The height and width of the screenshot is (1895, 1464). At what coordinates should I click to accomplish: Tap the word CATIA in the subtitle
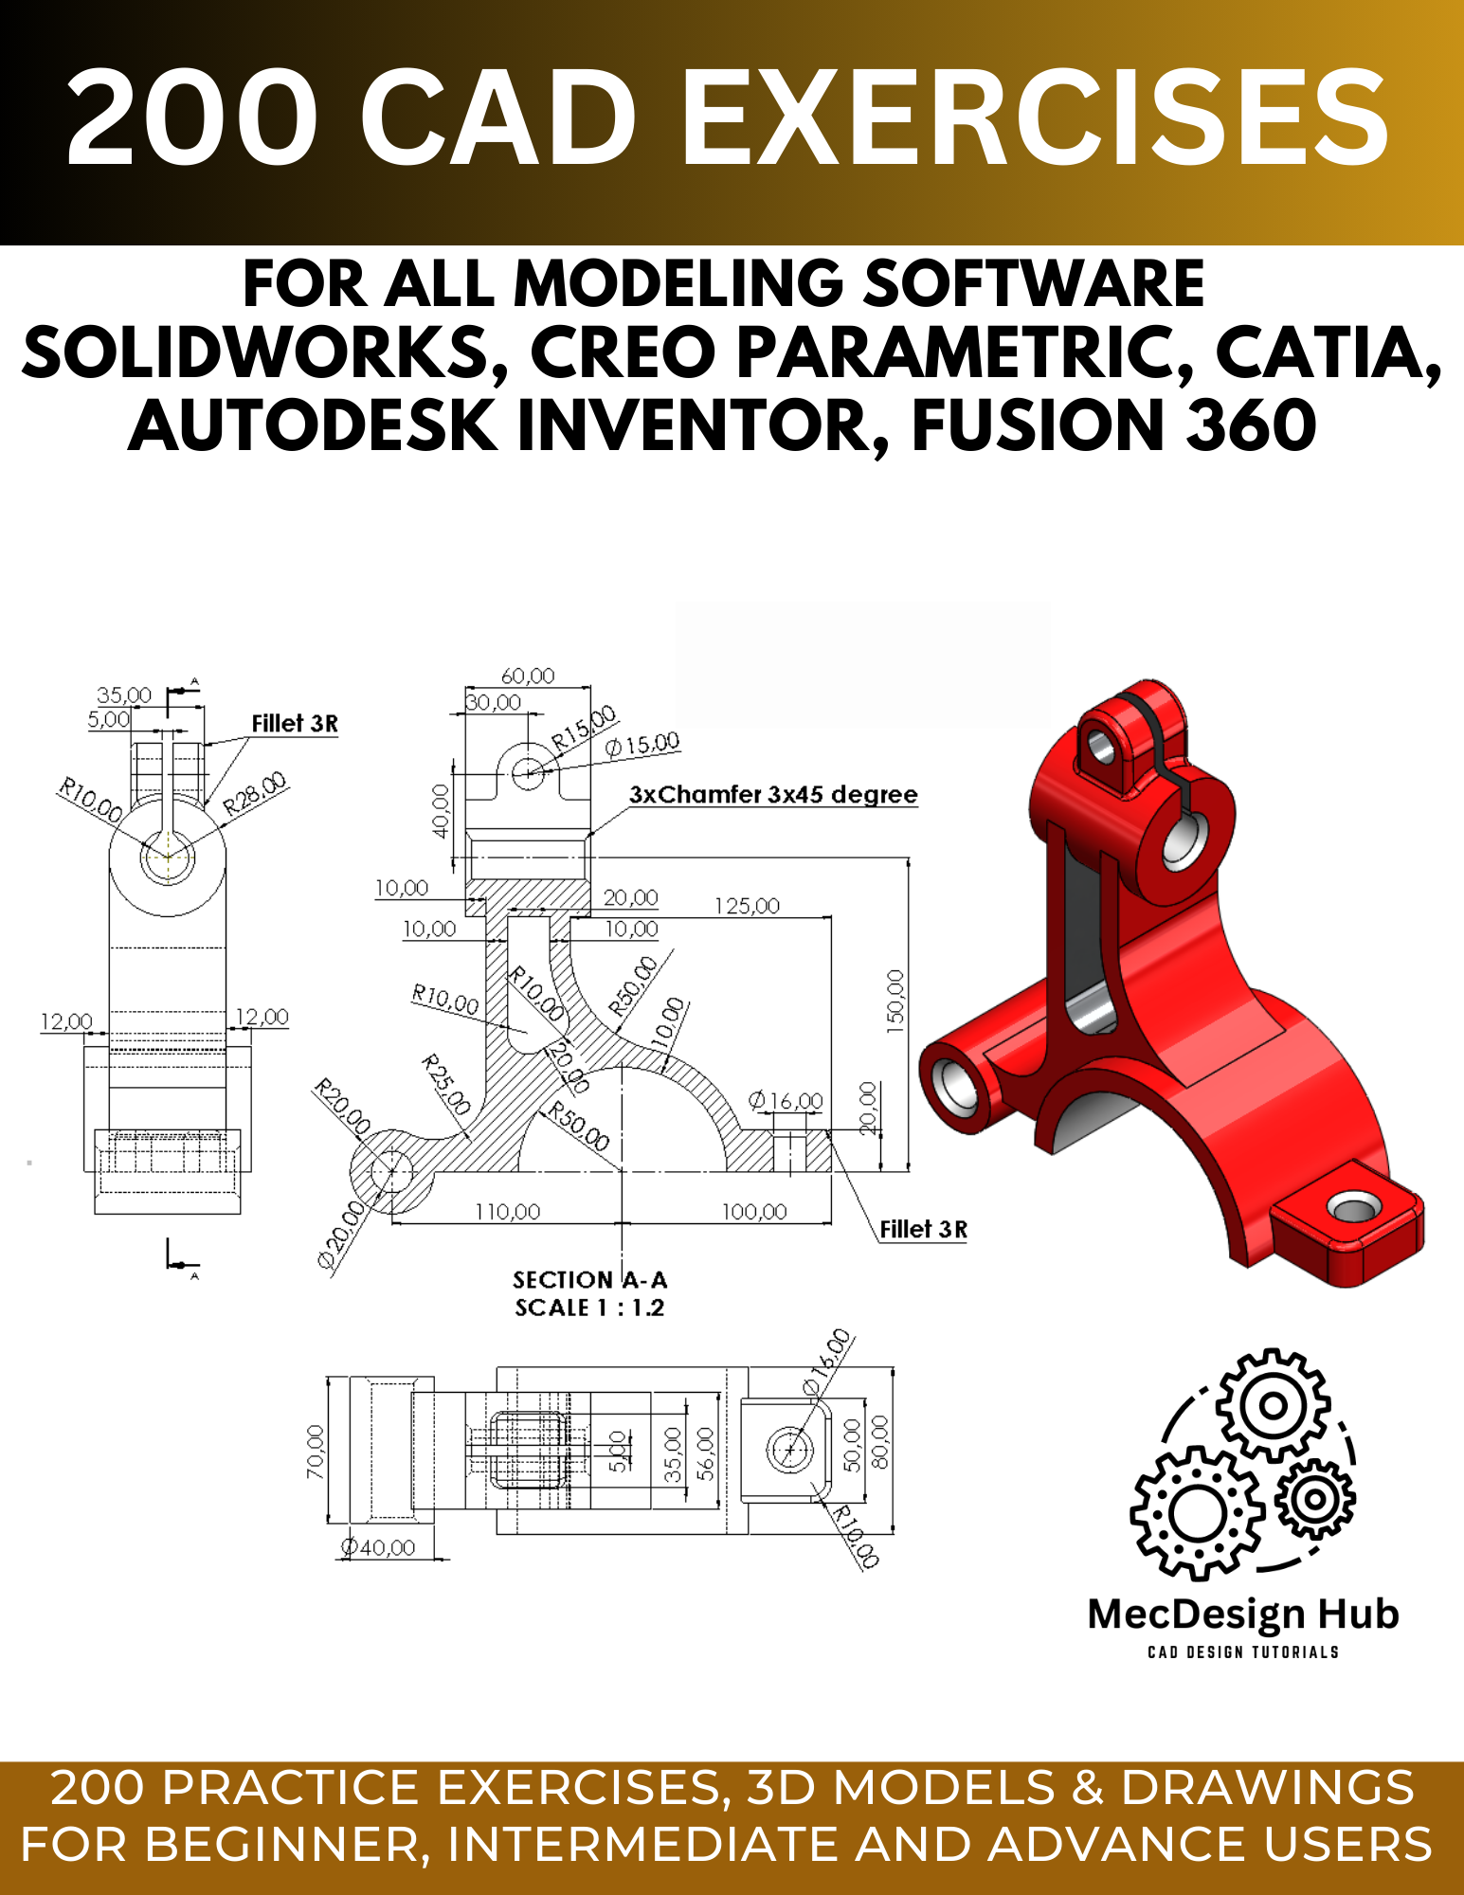coord(1327,352)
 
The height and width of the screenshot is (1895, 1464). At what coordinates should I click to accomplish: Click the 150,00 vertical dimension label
coord(895,1001)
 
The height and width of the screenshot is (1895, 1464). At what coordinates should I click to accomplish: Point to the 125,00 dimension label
coord(747,906)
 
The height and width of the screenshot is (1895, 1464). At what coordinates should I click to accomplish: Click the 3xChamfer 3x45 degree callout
coord(773,794)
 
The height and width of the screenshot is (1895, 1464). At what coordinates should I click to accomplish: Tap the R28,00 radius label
coord(254,794)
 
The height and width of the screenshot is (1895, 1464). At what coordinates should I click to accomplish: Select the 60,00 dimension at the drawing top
coord(528,676)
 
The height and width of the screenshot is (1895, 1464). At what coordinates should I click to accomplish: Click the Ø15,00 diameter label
coord(642,744)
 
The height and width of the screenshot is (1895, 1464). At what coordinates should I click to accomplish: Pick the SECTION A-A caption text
coord(589,1280)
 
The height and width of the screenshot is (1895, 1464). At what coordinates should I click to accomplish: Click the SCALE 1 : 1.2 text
coord(589,1308)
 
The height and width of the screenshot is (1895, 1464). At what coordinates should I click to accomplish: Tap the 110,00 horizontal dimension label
coord(507,1212)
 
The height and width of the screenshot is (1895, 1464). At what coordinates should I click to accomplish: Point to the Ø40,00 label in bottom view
coord(379,1547)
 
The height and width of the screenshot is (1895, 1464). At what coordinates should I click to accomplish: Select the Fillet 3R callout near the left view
coord(294,724)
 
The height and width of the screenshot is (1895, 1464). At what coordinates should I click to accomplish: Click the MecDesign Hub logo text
coord(1242,1614)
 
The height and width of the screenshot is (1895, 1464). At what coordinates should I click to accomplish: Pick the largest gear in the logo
coord(1199,1513)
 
